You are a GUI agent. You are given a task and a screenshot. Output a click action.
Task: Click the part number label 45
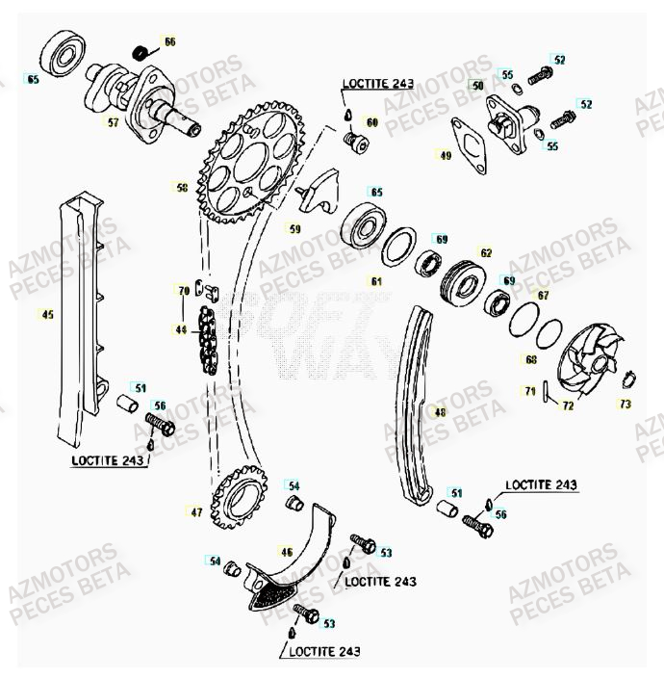pos(47,313)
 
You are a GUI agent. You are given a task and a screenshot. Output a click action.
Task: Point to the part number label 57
pos(113,122)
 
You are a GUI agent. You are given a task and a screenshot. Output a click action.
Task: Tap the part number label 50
pos(476,86)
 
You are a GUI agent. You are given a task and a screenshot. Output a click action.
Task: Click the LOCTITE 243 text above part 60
pos(378,84)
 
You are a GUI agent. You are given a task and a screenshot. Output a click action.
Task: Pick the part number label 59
pos(295,229)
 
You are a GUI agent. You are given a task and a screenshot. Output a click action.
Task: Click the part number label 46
pos(287,552)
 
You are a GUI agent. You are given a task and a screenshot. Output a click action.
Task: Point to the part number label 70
pos(183,290)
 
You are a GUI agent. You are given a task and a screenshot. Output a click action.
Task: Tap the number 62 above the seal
pos(486,253)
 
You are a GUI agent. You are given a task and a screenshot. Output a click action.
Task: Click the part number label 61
pos(376,281)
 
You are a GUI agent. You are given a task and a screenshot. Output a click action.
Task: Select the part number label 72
pos(568,406)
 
